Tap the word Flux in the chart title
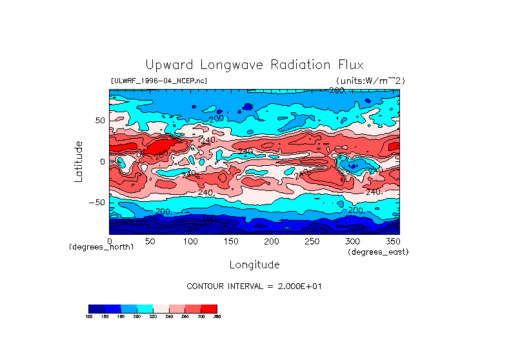pyautogui.click(x=350, y=65)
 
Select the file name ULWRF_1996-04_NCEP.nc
pyautogui.click(x=159, y=81)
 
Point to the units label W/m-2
pyautogui.click(x=370, y=81)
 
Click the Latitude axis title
pyautogui.click(x=78, y=161)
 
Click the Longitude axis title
pyautogui.click(x=254, y=265)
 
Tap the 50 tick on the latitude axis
pyautogui.click(x=99, y=121)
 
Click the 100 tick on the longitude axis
pyautogui.click(x=190, y=241)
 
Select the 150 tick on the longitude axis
pyautogui.click(x=231, y=241)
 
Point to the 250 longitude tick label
pyautogui.click(x=312, y=241)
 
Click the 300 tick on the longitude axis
pyautogui.click(x=352, y=241)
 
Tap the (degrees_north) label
pyautogui.click(x=101, y=247)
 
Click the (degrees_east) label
pyautogui.click(x=378, y=252)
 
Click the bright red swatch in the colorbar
pyautogui.click(x=209, y=308)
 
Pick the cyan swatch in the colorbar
pyautogui.click(x=145, y=308)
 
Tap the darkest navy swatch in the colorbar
pyautogui.click(x=96, y=308)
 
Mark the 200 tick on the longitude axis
pyautogui.click(x=272, y=241)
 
